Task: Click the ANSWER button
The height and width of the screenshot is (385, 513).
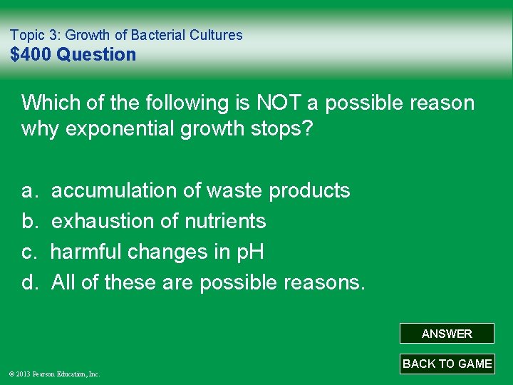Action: (447, 334)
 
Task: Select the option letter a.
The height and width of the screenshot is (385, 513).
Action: (29, 191)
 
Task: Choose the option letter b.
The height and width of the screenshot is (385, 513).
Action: (29, 222)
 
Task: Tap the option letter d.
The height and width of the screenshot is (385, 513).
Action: (29, 283)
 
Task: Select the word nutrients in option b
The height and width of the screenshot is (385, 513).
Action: (225, 222)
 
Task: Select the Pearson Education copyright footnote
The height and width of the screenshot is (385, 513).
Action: (55, 374)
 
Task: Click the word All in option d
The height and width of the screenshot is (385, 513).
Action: (63, 283)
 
